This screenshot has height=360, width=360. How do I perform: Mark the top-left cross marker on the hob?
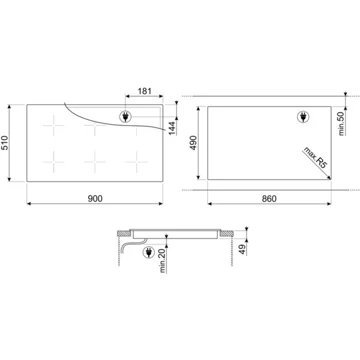[x=46, y=126]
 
